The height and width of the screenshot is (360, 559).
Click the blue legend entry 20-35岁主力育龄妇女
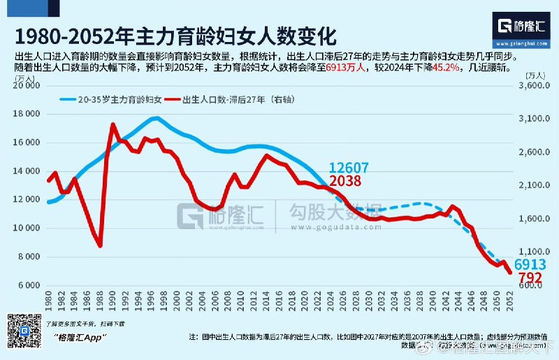tap(115, 100)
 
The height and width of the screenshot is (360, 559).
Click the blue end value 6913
tap(530, 265)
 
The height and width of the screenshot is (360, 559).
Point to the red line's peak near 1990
tap(112, 125)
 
